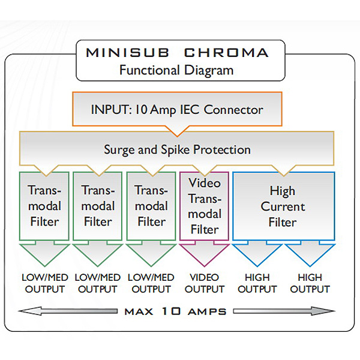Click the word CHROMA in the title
(x=224, y=53)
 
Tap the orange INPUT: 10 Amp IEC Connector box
(x=176, y=110)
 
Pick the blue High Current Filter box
(x=283, y=206)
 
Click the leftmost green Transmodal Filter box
(x=44, y=206)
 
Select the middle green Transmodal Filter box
(x=98, y=206)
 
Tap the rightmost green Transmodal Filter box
(x=151, y=206)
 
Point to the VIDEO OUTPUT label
(x=205, y=283)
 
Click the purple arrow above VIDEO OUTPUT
(x=205, y=255)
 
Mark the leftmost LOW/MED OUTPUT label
(x=44, y=283)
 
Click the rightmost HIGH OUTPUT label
(x=310, y=283)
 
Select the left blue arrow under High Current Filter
(x=257, y=255)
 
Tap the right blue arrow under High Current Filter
(x=310, y=255)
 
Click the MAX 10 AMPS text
(x=176, y=311)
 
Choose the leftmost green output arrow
(x=44, y=255)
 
